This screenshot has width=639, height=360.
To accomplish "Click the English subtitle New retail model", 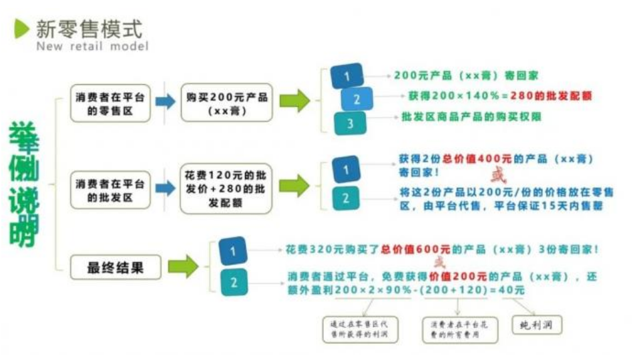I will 92,47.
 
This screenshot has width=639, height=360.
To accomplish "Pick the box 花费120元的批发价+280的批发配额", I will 227,189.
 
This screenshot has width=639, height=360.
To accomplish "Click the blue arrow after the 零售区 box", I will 166,102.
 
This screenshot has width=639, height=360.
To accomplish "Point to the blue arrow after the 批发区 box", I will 166,189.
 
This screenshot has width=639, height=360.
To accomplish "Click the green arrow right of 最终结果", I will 183,267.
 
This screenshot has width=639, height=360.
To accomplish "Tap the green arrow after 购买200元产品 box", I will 294,101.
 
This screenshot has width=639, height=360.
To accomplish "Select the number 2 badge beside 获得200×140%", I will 357,99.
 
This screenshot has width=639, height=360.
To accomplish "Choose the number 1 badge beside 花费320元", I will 233,251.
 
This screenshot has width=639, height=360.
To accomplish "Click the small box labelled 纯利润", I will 537,325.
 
